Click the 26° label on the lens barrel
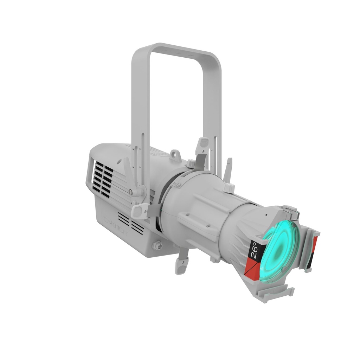254,250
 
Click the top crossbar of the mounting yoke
176,49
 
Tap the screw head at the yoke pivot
130,192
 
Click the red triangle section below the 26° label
252,269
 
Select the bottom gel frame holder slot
278,292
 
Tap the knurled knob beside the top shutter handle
191,163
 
